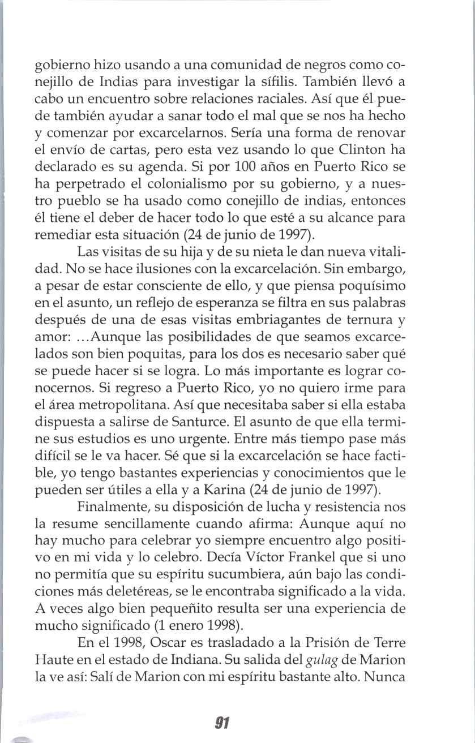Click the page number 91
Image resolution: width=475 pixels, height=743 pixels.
tap(221, 723)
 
